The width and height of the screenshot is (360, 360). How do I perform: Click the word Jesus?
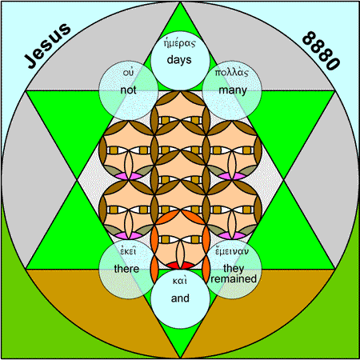48,46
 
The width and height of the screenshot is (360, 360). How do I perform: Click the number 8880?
322,50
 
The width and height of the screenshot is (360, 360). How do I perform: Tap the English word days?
179,60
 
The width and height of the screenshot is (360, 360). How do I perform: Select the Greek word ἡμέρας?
179,43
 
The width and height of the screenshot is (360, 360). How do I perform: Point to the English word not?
128,90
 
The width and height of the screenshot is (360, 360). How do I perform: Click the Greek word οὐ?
128,73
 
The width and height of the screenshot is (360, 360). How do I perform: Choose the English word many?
233,90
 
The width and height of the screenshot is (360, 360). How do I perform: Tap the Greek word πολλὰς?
232,73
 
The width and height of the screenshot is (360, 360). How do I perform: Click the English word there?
126,269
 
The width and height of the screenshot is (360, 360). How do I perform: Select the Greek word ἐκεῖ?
128,251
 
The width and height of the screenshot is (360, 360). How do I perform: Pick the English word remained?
234,279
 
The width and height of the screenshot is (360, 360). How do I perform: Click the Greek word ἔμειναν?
232,251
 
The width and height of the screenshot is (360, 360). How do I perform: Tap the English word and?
180,298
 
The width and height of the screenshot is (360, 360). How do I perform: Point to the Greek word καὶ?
180,281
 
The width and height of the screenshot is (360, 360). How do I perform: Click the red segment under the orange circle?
181,266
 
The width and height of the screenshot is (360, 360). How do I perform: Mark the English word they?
234,268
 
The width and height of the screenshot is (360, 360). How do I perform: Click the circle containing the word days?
180,61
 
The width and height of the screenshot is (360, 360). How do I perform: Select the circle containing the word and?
180,299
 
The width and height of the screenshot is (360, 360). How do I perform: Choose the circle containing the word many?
232,90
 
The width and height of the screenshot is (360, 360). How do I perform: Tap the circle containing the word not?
129,90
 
